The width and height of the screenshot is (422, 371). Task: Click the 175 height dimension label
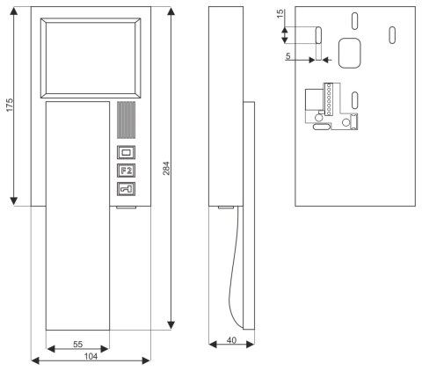pyautogui.click(x=10, y=105)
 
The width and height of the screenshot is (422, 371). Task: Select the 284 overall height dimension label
pyautogui.click(x=166, y=168)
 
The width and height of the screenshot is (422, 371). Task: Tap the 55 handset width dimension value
pyautogui.click(x=77, y=344)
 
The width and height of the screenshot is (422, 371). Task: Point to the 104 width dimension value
pyautogui.click(x=91, y=357)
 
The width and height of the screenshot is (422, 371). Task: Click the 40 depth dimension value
pyautogui.click(x=231, y=340)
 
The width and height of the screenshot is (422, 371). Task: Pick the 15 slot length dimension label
pyautogui.click(x=280, y=14)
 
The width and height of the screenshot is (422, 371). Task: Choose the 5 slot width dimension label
pyautogui.click(x=288, y=55)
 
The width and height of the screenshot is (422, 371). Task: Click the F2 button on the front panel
pyautogui.click(x=127, y=171)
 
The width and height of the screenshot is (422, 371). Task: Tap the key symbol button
pyautogui.click(x=127, y=189)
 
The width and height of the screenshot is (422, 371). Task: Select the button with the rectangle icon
pyautogui.click(x=127, y=152)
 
